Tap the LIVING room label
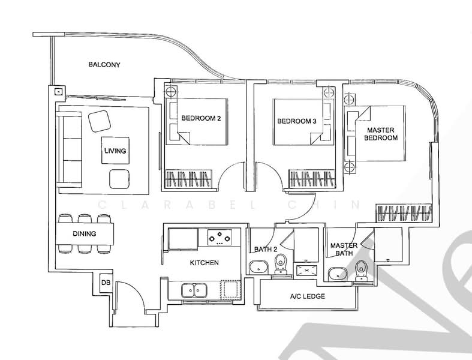115,151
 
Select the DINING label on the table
85,234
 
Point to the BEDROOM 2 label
201,119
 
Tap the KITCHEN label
204,263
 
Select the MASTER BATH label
344,250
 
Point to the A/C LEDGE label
308,296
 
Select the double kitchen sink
193,290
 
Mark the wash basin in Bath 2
258,268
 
